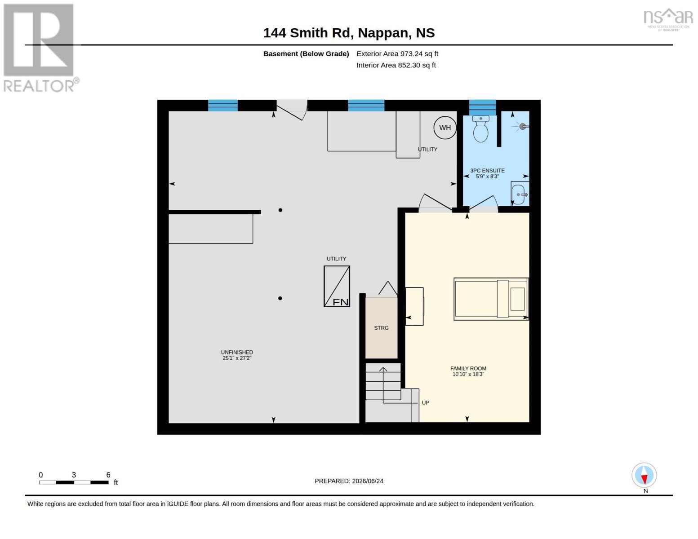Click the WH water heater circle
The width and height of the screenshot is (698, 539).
click(x=445, y=128)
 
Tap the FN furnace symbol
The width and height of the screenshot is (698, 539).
click(x=337, y=286)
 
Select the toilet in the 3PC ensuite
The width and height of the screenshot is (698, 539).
click(x=480, y=129)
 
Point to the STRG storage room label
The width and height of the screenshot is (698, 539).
click(x=381, y=328)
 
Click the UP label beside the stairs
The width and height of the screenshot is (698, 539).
click(x=425, y=402)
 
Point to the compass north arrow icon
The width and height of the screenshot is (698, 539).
click(x=644, y=475)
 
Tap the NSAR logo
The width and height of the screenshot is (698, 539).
click(x=668, y=19)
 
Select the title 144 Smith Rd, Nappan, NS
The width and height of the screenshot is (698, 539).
click(x=349, y=33)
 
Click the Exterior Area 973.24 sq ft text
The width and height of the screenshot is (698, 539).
click(x=397, y=53)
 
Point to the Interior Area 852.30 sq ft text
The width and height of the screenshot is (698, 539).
click(x=396, y=65)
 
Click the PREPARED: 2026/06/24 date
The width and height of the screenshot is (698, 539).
click(x=349, y=481)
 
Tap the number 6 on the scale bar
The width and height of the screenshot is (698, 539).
click(x=108, y=475)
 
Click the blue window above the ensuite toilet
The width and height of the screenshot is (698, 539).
click(x=482, y=107)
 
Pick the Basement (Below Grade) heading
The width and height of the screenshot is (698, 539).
click(x=306, y=53)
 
